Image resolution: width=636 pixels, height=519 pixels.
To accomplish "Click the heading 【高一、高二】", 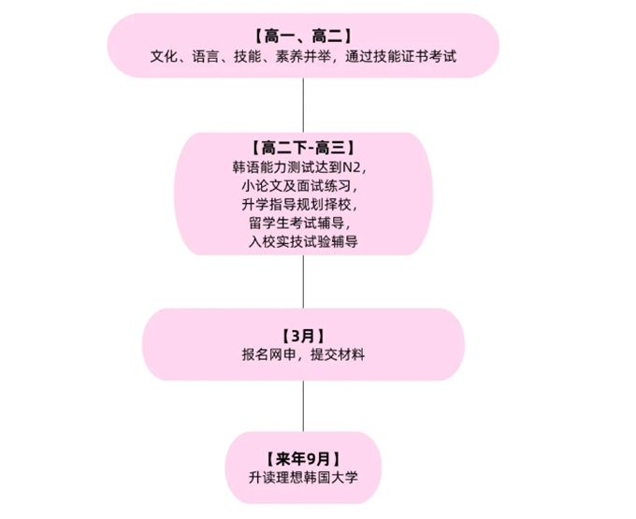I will click(x=303, y=36).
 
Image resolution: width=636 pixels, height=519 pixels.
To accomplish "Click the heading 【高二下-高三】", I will click(x=303, y=148).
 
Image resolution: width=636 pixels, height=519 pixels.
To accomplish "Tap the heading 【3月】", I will click(x=303, y=335).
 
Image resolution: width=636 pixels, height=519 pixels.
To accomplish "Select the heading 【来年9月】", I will click(x=303, y=458).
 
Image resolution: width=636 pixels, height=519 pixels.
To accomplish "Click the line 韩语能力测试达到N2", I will click(x=303, y=167).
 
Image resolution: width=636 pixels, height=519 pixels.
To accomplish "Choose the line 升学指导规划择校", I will click(x=303, y=204).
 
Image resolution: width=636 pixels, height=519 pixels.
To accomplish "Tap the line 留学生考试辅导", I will click(x=303, y=223).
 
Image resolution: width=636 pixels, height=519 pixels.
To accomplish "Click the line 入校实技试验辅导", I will click(x=303, y=241).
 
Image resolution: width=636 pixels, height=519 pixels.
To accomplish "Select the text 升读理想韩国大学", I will click(x=303, y=477).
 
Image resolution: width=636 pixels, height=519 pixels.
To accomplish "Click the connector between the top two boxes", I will click(x=303, y=105).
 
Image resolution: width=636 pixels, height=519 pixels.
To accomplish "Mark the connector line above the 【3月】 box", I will click(x=303, y=281).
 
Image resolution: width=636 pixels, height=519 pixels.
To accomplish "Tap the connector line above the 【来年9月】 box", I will click(x=303, y=406).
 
